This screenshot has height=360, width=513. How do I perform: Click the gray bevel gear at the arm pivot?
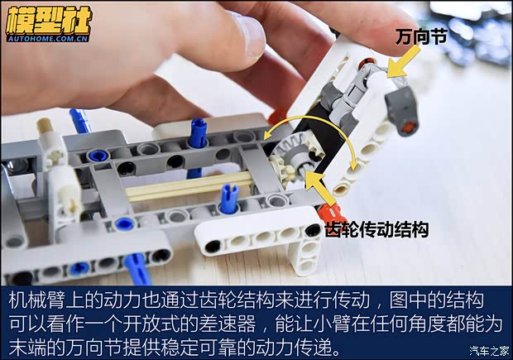tap(295, 161)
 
